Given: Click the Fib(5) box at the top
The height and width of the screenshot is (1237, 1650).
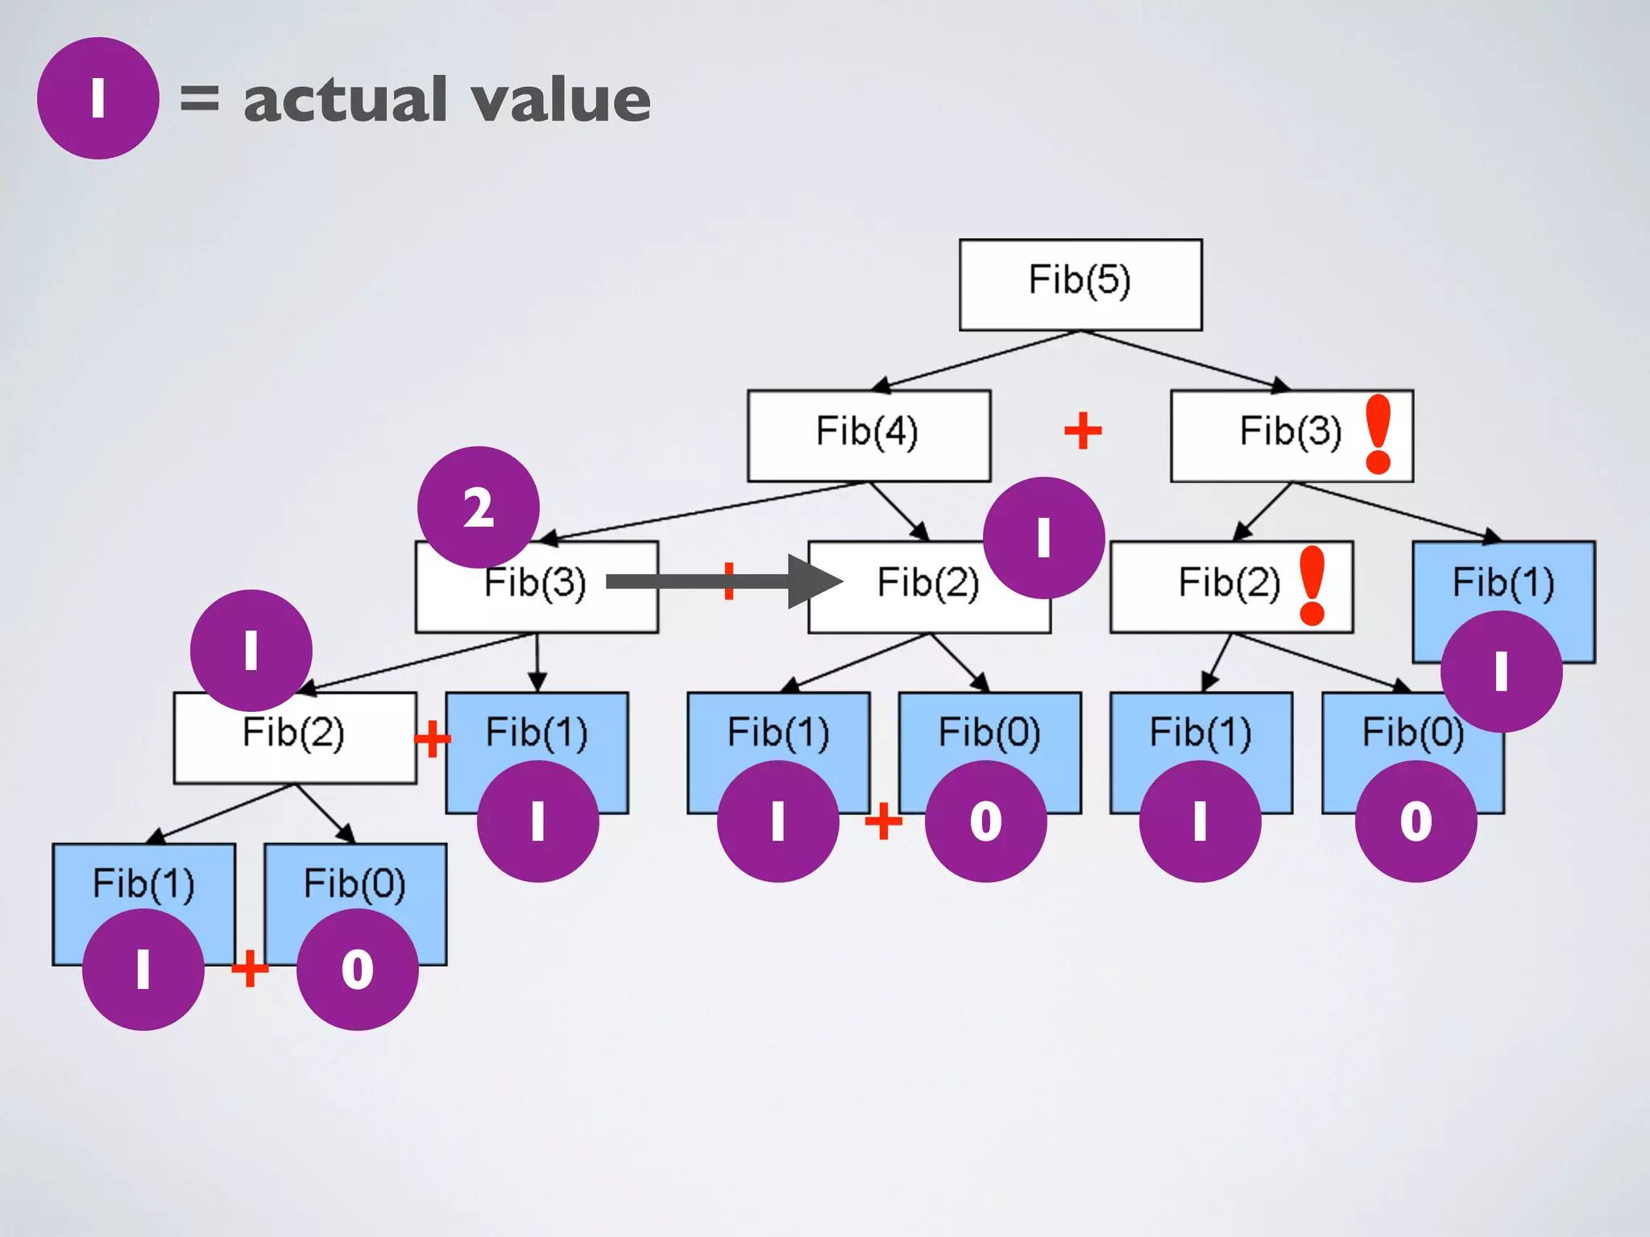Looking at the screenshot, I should click(x=1080, y=284).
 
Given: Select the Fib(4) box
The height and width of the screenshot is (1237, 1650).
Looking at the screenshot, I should click(x=869, y=436).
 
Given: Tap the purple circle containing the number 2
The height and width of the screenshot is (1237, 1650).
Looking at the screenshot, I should click(x=479, y=507).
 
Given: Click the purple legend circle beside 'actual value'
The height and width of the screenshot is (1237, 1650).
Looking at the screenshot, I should click(x=97, y=98).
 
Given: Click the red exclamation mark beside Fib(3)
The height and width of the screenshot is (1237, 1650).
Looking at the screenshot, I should click(x=1378, y=434).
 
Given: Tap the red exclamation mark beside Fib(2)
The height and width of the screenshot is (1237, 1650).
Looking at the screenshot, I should click(x=1312, y=585).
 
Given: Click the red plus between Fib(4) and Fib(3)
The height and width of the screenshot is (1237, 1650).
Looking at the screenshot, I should click(x=1083, y=431).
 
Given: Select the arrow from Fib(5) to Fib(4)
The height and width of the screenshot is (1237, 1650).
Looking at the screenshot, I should click(x=975, y=361).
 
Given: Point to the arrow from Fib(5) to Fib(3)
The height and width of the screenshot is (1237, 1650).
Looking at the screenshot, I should click(x=1184, y=361).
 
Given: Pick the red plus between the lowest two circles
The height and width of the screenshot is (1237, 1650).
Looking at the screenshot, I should click(x=250, y=968).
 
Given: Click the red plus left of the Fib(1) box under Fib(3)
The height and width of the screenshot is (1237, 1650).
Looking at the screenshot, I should click(x=432, y=738).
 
